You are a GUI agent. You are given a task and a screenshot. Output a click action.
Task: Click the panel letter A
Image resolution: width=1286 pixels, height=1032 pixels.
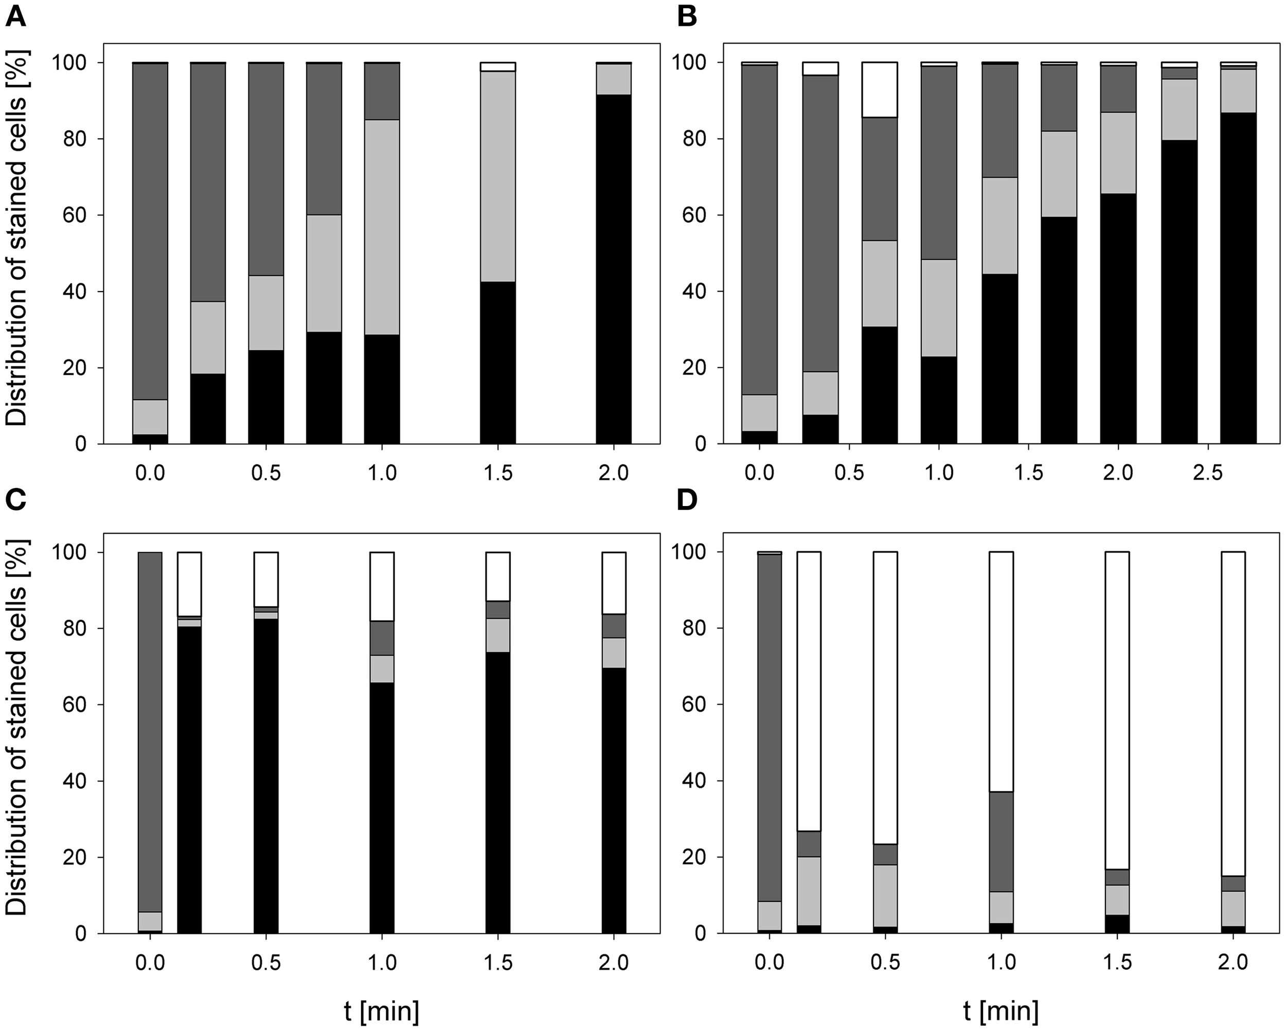tap(15, 16)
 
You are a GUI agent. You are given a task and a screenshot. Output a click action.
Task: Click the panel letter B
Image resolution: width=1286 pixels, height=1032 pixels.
tap(688, 16)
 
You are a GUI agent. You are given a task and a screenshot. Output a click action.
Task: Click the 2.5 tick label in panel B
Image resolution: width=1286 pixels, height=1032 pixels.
tap(1208, 473)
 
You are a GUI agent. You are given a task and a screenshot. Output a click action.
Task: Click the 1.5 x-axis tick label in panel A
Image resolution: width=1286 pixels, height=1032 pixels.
tap(498, 473)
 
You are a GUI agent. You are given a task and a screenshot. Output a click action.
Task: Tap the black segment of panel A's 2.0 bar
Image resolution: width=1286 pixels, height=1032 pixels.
tap(614, 268)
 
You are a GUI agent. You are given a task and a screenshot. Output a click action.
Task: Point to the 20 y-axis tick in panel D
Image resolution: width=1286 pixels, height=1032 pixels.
tap(693, 857)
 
